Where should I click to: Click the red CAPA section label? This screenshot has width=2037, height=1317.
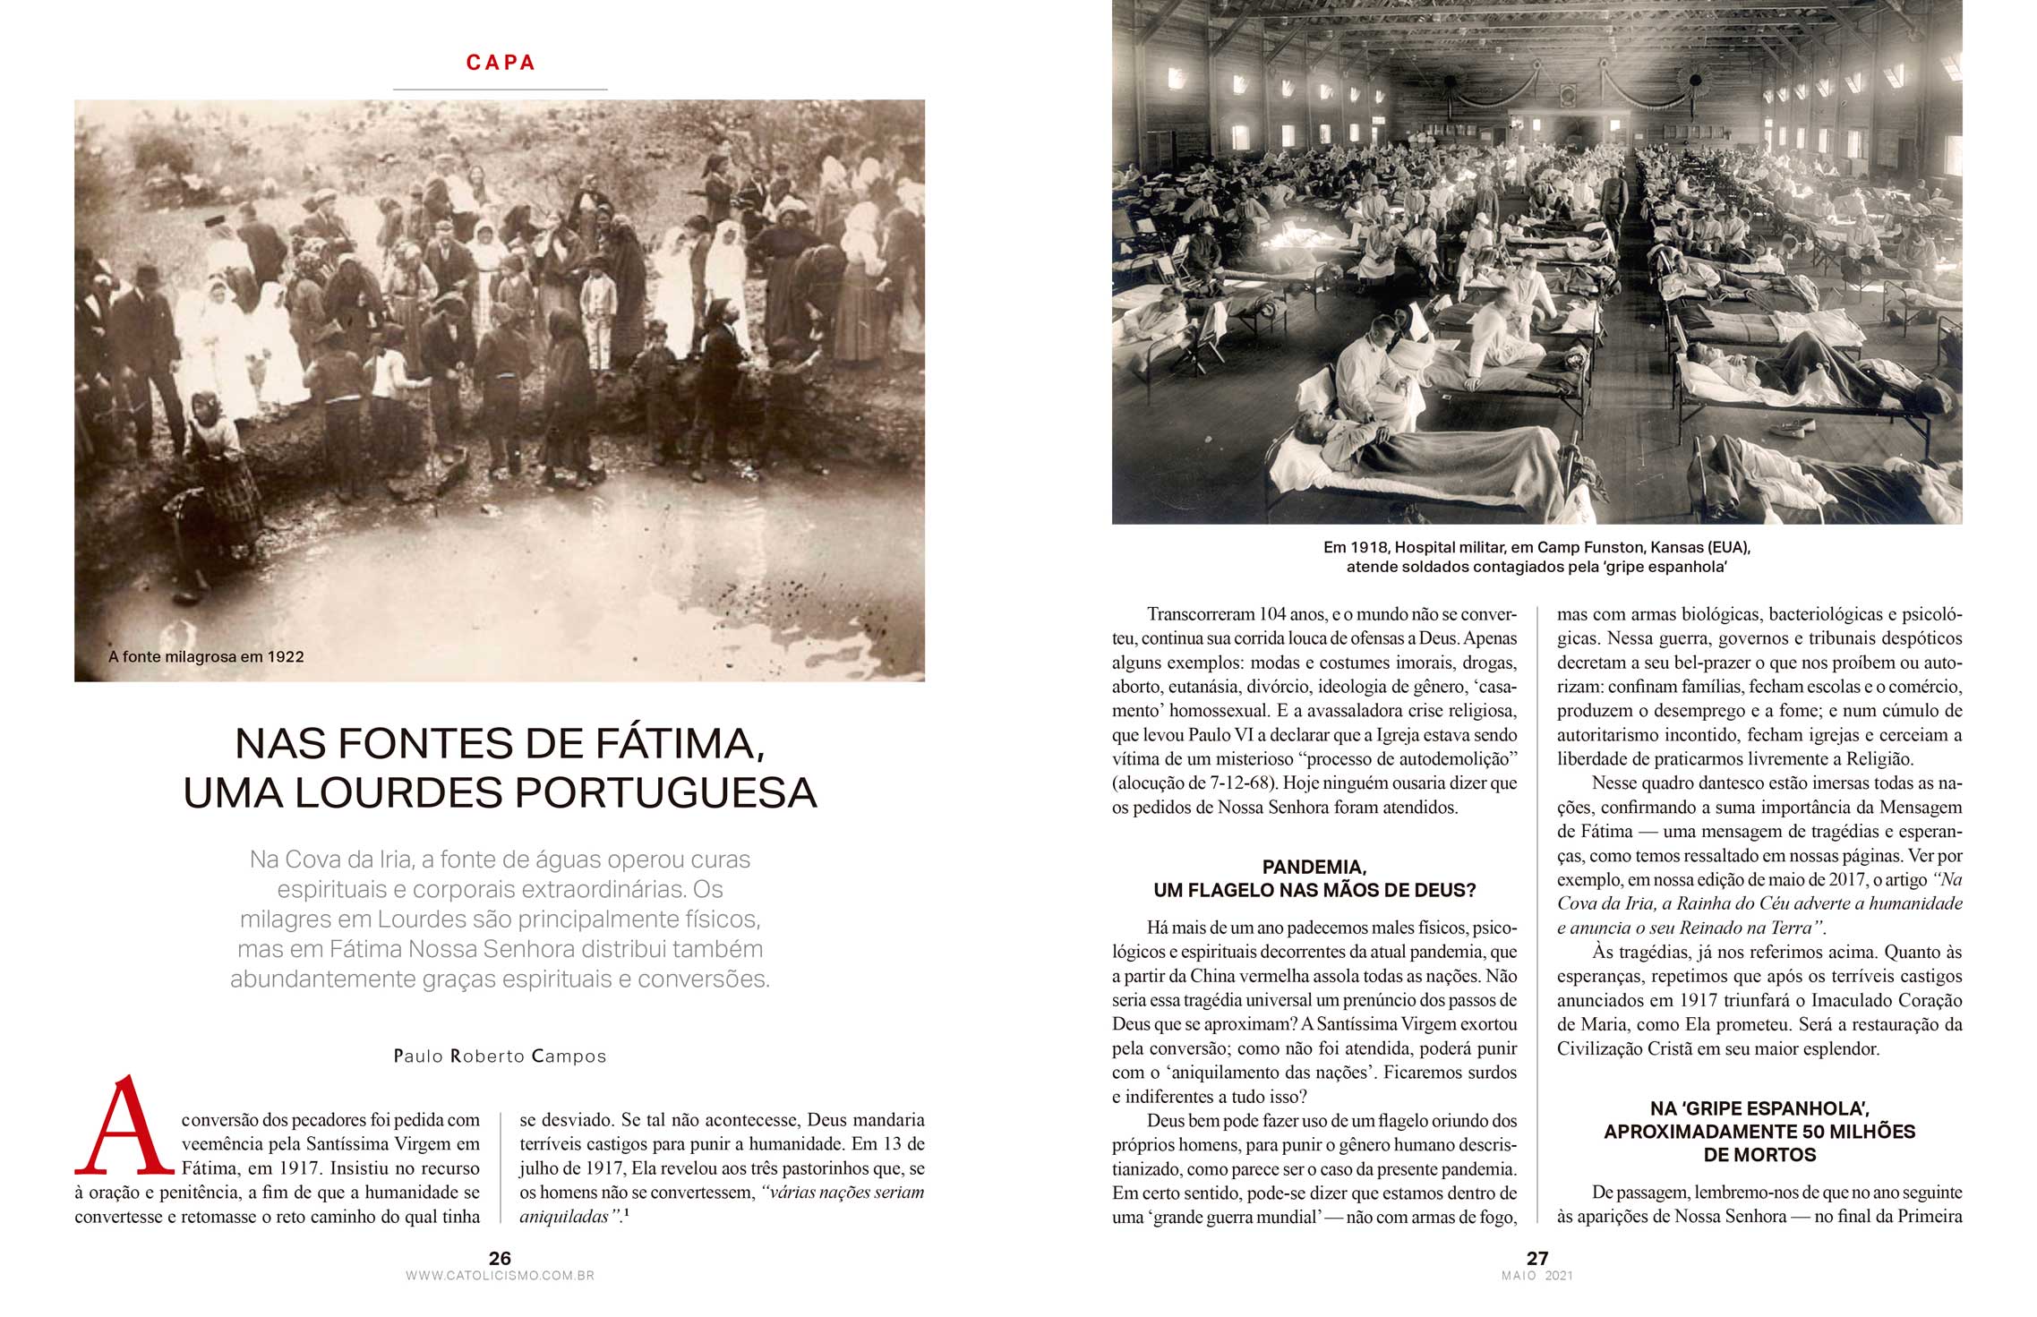501,63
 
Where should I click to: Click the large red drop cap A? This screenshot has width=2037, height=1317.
124,1126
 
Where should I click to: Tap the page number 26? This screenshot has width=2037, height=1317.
500,1258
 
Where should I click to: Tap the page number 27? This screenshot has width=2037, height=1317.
1537,1258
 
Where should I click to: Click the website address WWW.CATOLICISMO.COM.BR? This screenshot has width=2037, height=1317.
500,1276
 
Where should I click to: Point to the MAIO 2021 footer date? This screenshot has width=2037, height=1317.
1537,1276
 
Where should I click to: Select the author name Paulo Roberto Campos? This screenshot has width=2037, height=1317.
500,1056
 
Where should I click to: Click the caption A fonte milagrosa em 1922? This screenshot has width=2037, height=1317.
206,657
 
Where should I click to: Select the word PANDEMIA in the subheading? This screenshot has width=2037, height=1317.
1313,867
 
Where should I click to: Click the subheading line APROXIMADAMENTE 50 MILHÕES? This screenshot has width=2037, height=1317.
1759,1132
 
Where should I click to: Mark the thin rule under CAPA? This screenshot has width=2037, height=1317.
500,90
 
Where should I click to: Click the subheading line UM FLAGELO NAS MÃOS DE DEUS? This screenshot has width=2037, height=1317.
1314,891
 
